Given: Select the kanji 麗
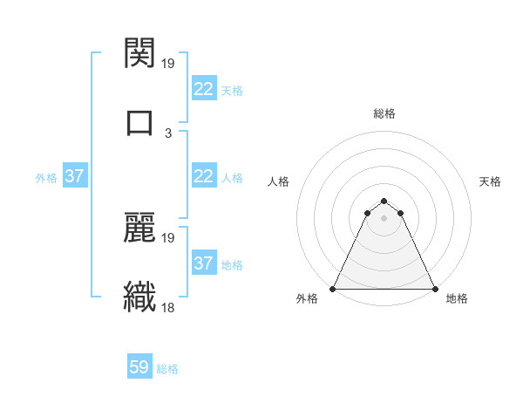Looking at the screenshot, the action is tap(140, 229).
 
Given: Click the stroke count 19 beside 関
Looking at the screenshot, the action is tap(169, 64).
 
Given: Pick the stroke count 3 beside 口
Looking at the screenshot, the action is tap(168, 133).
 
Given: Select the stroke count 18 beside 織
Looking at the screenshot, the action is tap(169, 307).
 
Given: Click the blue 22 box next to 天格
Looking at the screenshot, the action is tap(203, 88).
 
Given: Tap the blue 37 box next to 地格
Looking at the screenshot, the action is tap(203, 263).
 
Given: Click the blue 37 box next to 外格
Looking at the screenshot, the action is tap(74, 175).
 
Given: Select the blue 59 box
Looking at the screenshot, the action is tap(139, 367).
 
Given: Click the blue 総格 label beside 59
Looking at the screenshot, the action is tap(167, 369).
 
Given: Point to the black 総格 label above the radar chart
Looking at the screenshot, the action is tap(384, 113).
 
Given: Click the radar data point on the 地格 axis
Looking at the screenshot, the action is tap(435, 289).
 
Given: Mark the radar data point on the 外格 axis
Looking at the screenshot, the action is tap(334, 289).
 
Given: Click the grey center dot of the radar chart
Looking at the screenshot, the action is tap(384, 218).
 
